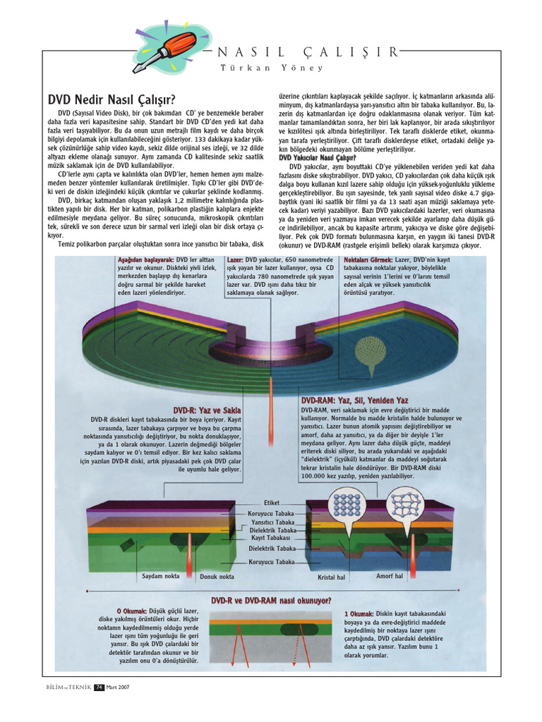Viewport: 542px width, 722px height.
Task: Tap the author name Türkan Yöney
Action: [x=272, y=68]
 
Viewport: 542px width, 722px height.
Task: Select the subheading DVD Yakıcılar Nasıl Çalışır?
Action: [x=318, y=157]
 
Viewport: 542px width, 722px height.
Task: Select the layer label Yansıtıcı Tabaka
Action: [x=274, y=522]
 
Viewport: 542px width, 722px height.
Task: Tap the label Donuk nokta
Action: [x=217, y=576]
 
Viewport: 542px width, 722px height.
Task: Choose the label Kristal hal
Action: [x=332, y=576]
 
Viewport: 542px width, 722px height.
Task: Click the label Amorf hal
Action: [x=389, y=575]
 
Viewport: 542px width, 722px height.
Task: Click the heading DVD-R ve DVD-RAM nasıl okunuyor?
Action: [x=271, y=601]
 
